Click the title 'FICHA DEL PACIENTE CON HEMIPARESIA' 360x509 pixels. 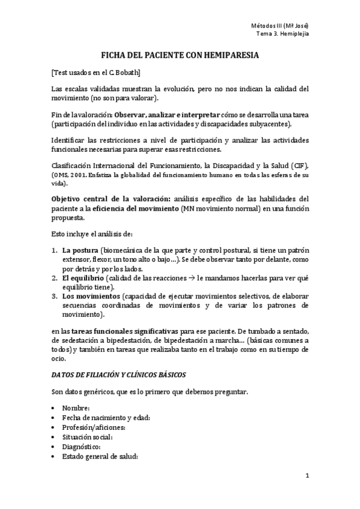(180, 55)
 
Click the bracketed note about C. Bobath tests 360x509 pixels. (96, 73)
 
